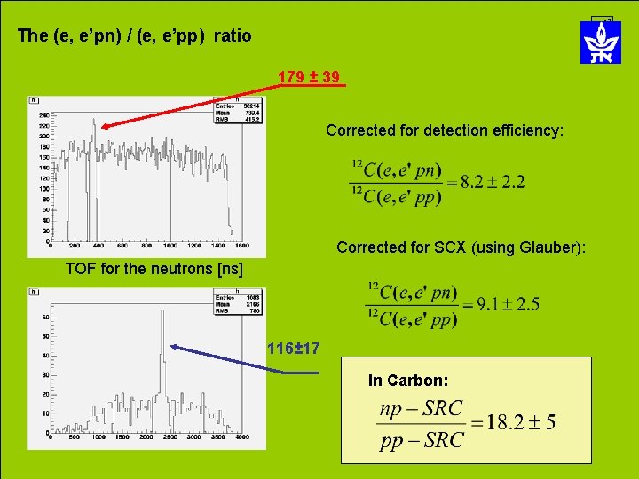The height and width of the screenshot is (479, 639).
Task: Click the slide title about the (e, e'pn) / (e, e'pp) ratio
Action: click(134, 36)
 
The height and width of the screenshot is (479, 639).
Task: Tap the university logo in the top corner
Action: click(601, 41)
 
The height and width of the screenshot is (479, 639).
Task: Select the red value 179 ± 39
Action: click(308, 78)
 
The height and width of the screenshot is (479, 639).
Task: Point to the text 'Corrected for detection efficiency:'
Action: click(444, 130)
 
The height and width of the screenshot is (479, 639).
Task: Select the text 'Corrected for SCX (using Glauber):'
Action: click(461, 247)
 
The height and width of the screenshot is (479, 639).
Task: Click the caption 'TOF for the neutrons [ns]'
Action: click(154, 268)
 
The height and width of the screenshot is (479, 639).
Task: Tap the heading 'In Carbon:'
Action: click(408, 381)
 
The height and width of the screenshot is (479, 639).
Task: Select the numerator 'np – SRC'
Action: click(421, 408)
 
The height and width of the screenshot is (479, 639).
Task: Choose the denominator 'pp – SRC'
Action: click(421, 440)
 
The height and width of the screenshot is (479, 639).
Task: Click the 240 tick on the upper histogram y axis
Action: click(43, 115)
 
